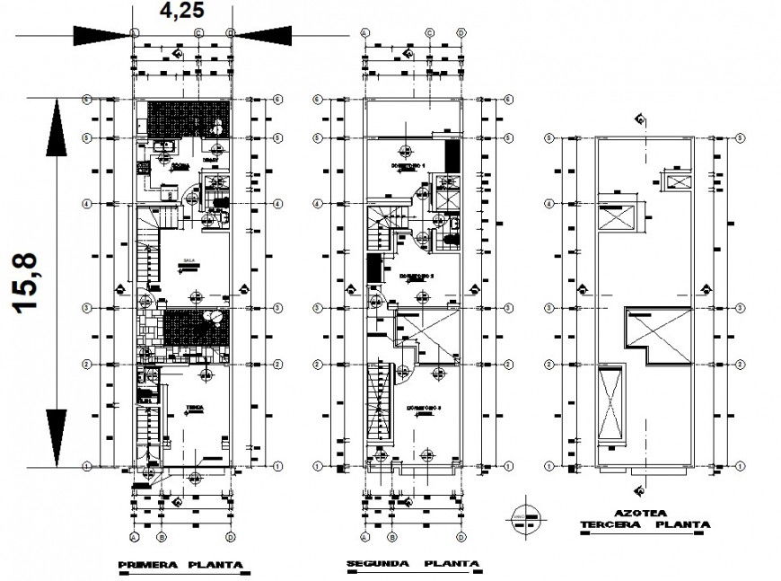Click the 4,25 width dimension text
183,12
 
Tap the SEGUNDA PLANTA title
411,565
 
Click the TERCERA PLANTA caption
645,524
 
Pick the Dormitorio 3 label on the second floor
424,408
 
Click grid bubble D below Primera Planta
231,537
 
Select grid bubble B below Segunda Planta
392,537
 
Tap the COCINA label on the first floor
180,167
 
